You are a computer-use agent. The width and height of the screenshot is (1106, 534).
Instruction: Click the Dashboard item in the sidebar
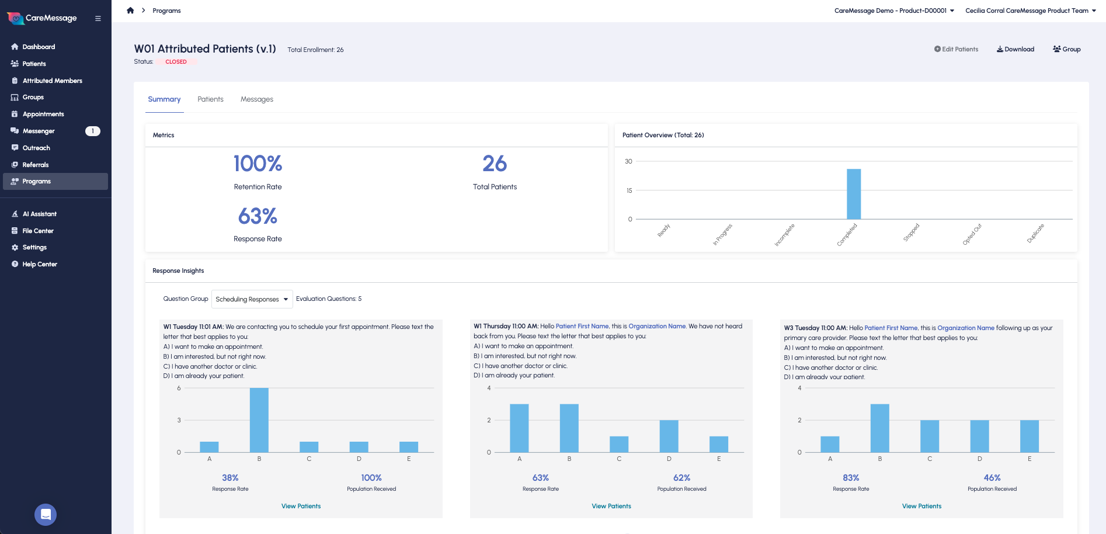tap(39, 47)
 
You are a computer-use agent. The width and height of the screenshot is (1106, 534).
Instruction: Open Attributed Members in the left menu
tap(52, 81)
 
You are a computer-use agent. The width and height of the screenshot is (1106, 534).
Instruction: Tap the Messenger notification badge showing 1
tap(92, 131)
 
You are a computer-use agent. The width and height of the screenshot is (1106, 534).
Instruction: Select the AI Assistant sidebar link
tap(39, 214)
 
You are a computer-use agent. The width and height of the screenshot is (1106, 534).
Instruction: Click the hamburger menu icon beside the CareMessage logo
tap(98, 19)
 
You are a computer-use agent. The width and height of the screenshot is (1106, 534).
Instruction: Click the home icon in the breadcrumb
tap(130, 11)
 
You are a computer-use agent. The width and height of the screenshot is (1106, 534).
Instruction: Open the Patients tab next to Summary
tap(210, 99)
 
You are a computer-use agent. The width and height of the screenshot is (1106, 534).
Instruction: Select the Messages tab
tap(256, 99)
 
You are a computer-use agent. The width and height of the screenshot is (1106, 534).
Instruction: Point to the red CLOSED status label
tap(176, 62)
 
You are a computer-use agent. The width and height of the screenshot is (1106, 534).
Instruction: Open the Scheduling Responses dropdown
tap(252, 299)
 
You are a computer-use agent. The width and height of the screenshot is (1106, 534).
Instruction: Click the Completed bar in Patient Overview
tap(854, 194)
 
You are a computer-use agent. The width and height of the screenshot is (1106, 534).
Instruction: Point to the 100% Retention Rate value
tap(258, 164)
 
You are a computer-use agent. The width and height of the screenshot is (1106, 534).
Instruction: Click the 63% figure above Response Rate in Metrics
tap(258, 216)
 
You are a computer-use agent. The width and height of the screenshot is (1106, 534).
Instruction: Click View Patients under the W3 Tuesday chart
tap(921, 506)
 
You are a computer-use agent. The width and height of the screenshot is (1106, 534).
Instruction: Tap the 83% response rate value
tap(851, 478)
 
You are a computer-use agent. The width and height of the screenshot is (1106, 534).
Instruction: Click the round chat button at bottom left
tap(46, 515)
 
